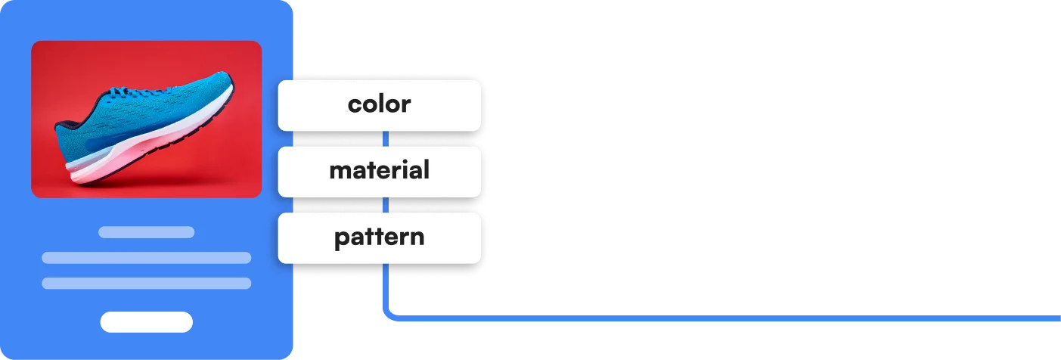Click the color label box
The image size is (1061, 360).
pos(379,105)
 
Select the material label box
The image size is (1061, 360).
pos(379,171)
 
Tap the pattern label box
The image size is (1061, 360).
pos(379,237)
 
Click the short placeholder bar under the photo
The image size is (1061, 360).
pos(146,232)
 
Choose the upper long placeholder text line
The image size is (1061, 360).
pos(146,258)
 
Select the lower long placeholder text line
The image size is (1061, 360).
pos(146,284)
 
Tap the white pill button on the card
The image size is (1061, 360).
pos(146,322)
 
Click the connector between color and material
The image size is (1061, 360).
pos(386,138)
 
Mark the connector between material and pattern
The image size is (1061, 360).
pos(386,205)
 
